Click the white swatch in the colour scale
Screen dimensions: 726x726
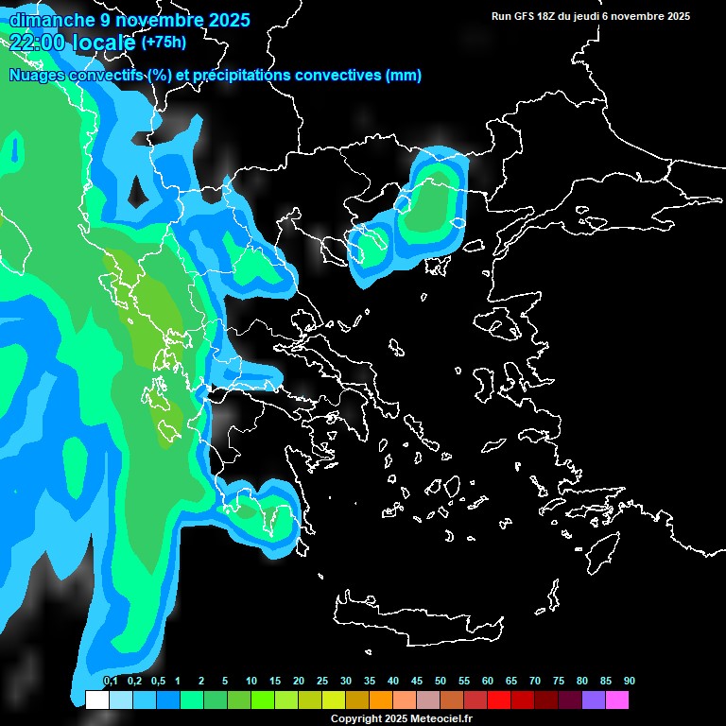point(96,700)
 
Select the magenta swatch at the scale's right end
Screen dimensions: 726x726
point(617,700)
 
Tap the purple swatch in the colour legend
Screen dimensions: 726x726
point(594,700)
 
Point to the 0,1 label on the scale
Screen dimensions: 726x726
point(111,682)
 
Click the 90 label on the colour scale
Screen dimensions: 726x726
point(629,682)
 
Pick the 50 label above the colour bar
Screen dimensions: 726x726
point(441,682)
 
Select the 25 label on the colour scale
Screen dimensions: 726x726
point(322,682)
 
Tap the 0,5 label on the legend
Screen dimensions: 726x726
point(158,682)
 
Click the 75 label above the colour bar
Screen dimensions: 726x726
point(559,682)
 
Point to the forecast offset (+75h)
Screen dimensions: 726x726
point(164,42)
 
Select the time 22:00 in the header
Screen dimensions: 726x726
point(37,42)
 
